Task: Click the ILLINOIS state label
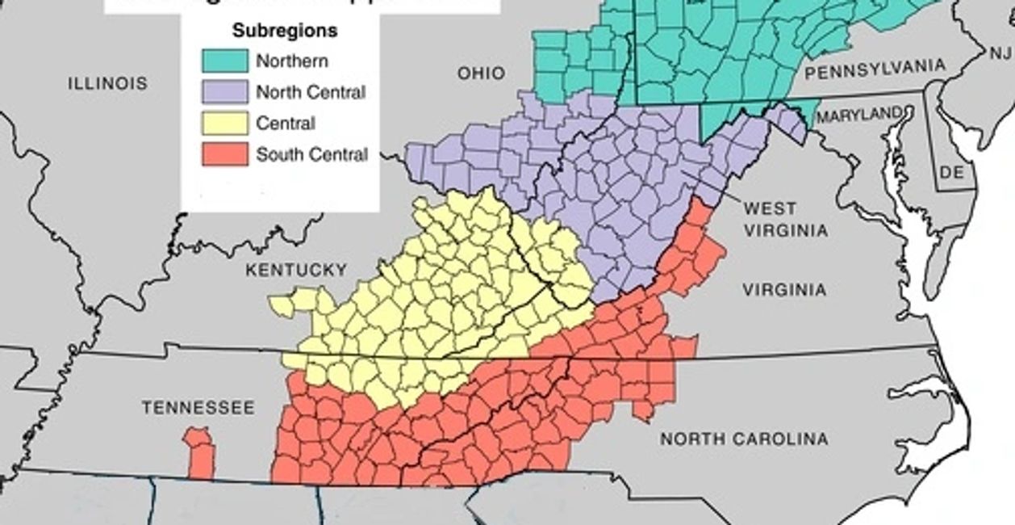[107, 83]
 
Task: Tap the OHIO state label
[482, 73]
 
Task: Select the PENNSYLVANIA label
[875, 70]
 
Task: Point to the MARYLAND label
[858, 116]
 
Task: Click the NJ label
[999, 53]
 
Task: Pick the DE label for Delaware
[952, 172]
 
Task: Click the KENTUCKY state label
[296, 270]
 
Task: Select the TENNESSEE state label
[198, 408]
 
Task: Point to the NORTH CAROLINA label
[744, 439]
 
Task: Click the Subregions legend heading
[285, 31]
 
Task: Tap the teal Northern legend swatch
[225, 61]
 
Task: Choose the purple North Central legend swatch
[225, 92]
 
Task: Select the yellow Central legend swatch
[225, 124]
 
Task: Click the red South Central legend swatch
[225, 154]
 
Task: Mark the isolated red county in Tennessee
[200, 454]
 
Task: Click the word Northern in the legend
[292, 61]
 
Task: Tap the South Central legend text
[311, 154]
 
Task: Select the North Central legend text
[311, 92]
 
